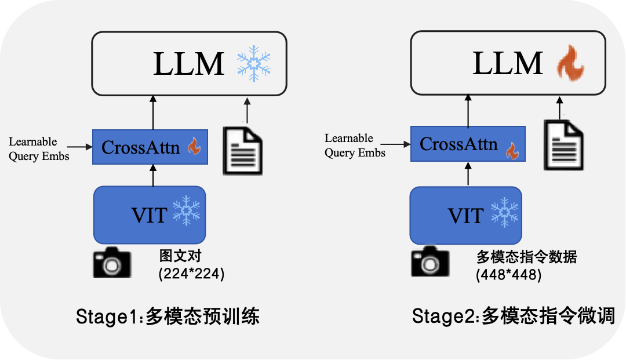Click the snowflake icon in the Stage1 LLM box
[254, 64]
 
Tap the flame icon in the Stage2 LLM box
[570, 64]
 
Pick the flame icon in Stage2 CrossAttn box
[511, 151]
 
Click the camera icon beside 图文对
[112, 262]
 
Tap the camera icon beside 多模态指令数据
[430, 261]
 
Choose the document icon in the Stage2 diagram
[563, 144]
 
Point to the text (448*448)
[508, 275]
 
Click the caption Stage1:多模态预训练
[168, 317]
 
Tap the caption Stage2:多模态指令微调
[513, 317]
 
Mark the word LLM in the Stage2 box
[508, 64]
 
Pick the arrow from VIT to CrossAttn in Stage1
[153, 175]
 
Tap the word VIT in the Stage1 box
[149, 215]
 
